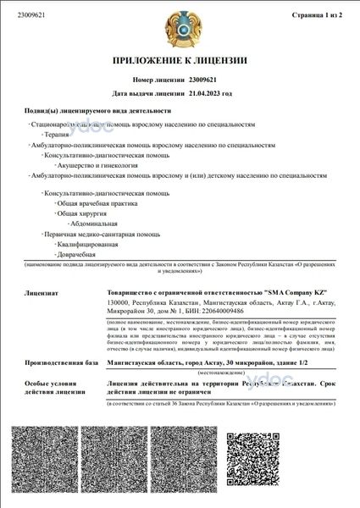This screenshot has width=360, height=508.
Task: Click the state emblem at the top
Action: coord(180,30)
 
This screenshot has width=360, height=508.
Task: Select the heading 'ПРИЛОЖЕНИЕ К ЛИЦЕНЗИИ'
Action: coord(180,61)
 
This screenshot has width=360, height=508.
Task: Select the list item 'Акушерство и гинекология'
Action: coord(94,165)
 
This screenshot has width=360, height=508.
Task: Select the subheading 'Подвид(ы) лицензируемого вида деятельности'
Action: coord(97,111)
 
